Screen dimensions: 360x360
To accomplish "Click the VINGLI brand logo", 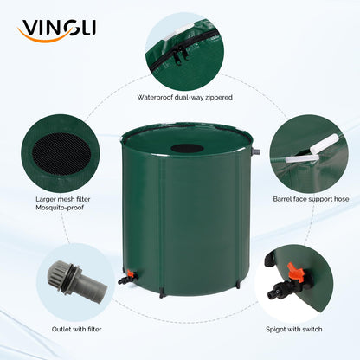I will pyautogui.click(x=56, y=30).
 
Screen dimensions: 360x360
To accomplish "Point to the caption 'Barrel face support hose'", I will pyautogui.click(x=311, y=198).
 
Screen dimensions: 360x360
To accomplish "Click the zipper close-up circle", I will pyautogui.click(x=183, y=48).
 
